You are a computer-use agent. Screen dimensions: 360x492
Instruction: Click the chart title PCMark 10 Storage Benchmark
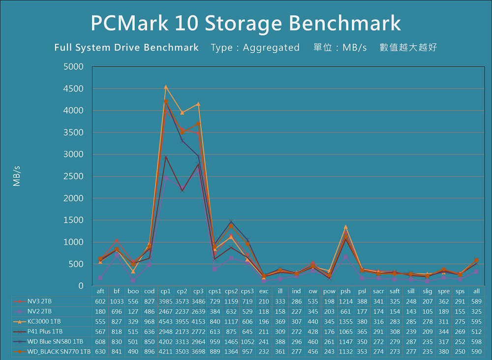click(x=246, y=23)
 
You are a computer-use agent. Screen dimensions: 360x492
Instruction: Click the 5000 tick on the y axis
click(x=74, y=67)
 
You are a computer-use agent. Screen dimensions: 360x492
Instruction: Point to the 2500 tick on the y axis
click(x=74, y=177)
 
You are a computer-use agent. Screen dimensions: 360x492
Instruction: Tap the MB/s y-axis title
click(x=17, y=176)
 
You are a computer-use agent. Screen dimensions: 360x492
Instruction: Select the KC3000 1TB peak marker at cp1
click(x=166, y=87)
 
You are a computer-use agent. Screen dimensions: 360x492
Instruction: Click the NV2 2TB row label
click(x=40, y=311)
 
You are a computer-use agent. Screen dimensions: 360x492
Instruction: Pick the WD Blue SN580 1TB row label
click(x=52, y=341)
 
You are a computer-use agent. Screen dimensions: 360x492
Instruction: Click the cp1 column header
click(x=166, y=291)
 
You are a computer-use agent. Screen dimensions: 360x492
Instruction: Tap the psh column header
click(x=345, y=291)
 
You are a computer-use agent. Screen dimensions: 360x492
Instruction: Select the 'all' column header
click(x=476, y=291)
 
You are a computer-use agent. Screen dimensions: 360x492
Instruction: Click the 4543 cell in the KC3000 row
click(x=166, y=321)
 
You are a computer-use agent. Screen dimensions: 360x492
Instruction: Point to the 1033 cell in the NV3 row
click(x=117, y=301)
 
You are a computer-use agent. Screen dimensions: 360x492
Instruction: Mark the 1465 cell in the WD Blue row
click(x=231, y=341)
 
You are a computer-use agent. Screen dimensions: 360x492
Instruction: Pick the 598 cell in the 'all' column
click(x=476, y=341)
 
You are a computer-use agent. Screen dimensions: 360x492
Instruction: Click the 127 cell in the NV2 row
click(x=133, y=311)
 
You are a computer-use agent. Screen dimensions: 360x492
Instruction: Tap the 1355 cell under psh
click(x=345, y=321)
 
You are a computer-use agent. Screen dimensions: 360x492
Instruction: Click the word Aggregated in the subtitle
click(x=271, y=48)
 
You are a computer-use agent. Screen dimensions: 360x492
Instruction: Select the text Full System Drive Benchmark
click(x=126, y=48)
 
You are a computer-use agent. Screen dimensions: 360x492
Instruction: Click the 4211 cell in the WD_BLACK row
click(x=166, y=351)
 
